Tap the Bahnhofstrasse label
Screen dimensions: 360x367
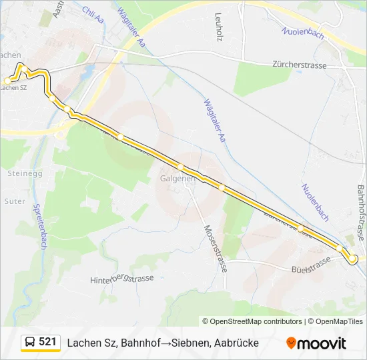(x=360, y=214)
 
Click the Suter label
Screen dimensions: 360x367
(x=15, y=201)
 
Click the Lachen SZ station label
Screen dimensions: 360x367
(x=15, y=87)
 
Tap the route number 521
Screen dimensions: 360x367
(x=47, y=342)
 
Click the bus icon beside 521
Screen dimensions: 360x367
(x=30, y=342)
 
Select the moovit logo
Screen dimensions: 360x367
(x=316, y=343)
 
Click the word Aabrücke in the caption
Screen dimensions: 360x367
(x=234, y=343)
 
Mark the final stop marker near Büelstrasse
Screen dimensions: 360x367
(x=354, y=259)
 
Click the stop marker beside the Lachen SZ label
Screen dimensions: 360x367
(x=7, y=81)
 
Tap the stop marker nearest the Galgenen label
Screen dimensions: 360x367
(x=180, y=166)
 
